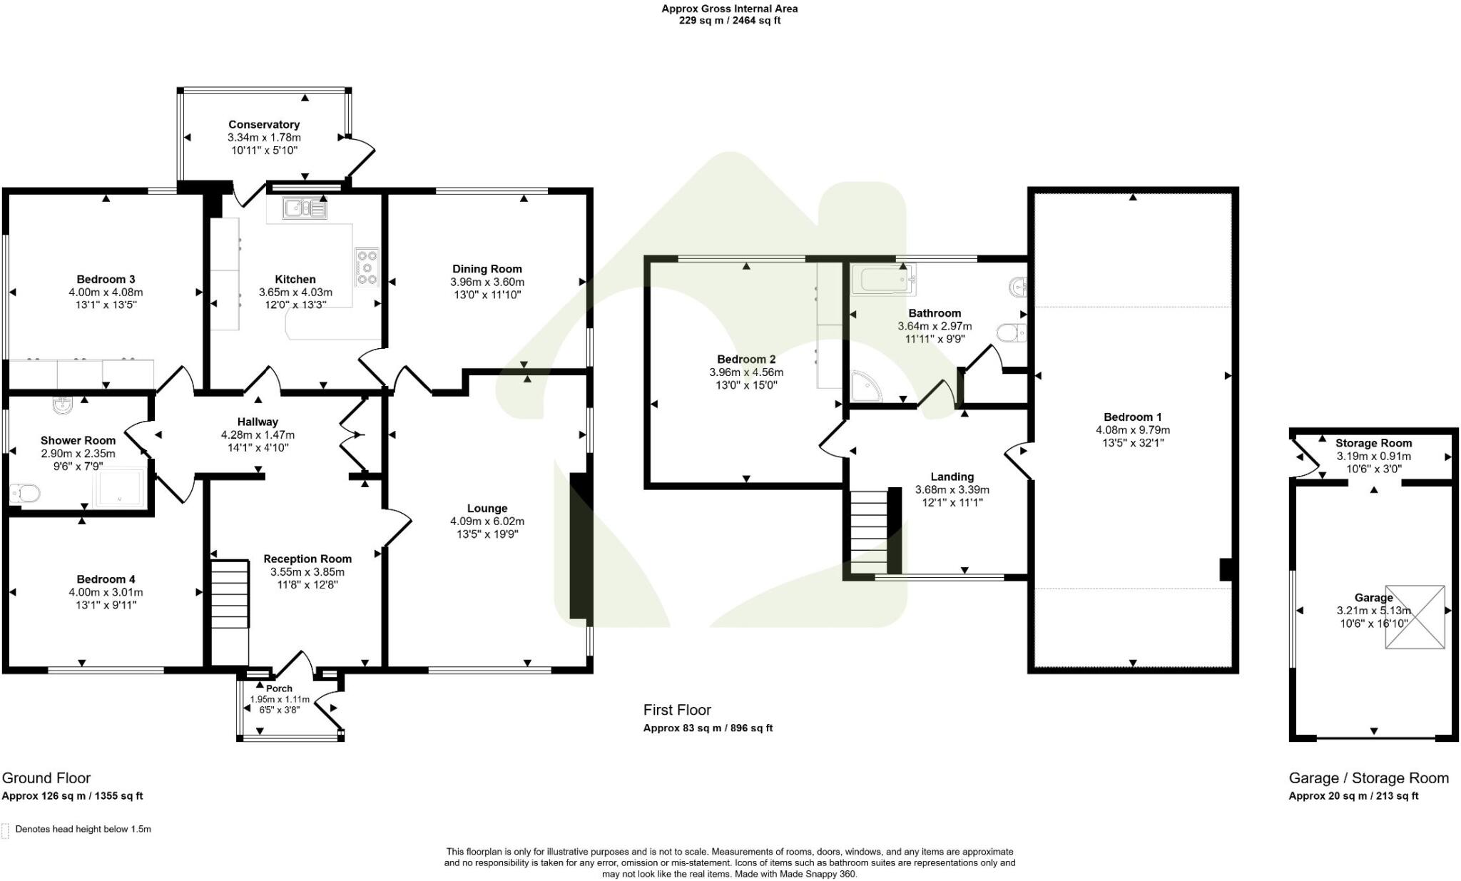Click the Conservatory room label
click(x=264, y=125)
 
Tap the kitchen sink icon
click(x=305, y=208)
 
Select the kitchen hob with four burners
click(x=367, y=267)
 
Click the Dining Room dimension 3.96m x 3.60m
click(x=487, y=282)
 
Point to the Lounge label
click(x=487, y=509)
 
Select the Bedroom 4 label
click(x=106, y=579)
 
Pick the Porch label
click(x=279, y=688)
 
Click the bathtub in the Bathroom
click(x=883, y=279)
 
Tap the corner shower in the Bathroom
click(x=867, y=386)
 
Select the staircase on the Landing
click(x=869, y=531)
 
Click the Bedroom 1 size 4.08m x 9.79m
click(x=1133, y=430)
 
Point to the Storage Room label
click(x=1373, y=443)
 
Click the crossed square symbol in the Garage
click(x=1415, y=617)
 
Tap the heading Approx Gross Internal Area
click(x=729, y=9)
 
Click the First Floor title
click(x=677, y=710)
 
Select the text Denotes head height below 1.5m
click(x=83, y=829)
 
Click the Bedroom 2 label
click(x=746, y=360)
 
